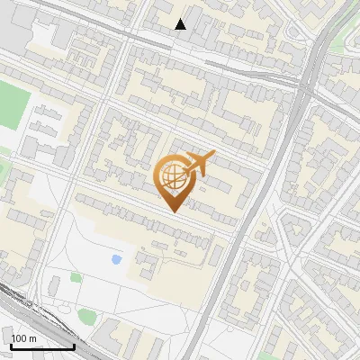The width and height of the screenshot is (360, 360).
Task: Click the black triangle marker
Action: pos(181,24)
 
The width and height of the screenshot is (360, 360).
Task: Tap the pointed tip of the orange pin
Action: pos(173,211)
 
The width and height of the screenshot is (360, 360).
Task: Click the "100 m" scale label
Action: pos(24,337)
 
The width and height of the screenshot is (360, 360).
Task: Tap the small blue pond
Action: pos(116,259)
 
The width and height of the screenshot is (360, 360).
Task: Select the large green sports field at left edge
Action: pos(11,103)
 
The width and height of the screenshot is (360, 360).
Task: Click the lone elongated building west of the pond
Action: pos(54,286)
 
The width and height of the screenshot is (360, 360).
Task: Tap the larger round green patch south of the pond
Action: pos(86,316)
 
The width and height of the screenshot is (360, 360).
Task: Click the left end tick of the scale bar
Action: pos(11,346)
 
